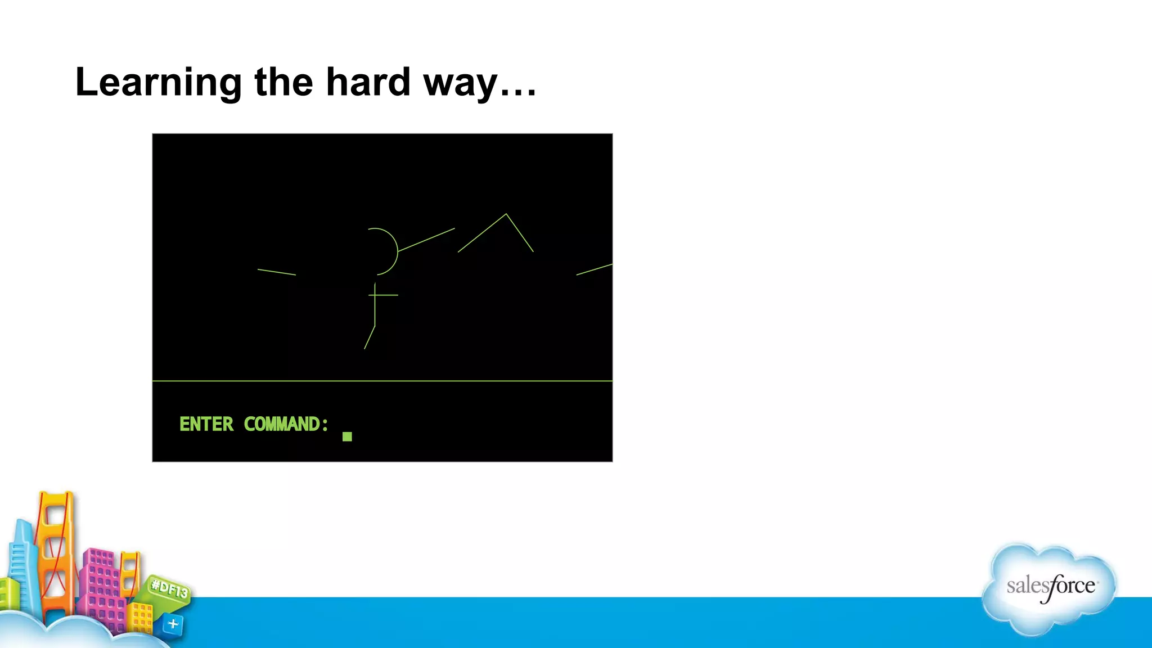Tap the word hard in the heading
pyautogui.click(x=368, y=82)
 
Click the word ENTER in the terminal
pyautogui.click(x=206, y=424)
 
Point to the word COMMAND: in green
pyautogui.click(x=286, y=424)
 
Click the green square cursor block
pyautogui.click(x=347, y=436)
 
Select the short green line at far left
pyautogui.click(x=276, y=272)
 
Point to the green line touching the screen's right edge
pyautogui.click(x=595, y=269)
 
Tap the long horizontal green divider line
pyautogui.click(x=382, y=381)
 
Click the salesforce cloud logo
pyautogui.click(x=1050, y=588)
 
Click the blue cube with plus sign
pyautogui.click(x=173, y=624)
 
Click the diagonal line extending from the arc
pyautogui.click(x=426, y=240)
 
